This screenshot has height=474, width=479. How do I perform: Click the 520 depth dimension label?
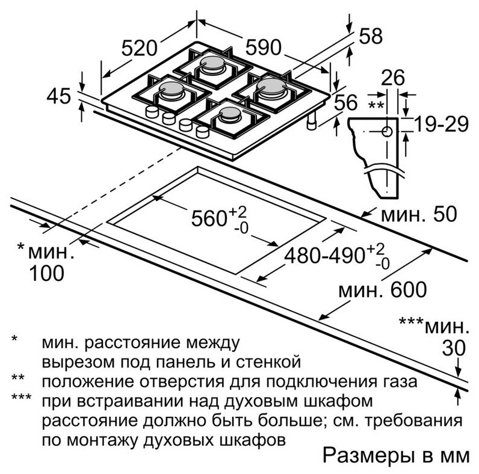point(140,48)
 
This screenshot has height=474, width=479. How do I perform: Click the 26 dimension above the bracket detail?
point(393,78)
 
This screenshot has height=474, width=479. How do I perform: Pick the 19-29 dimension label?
point(441,125)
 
